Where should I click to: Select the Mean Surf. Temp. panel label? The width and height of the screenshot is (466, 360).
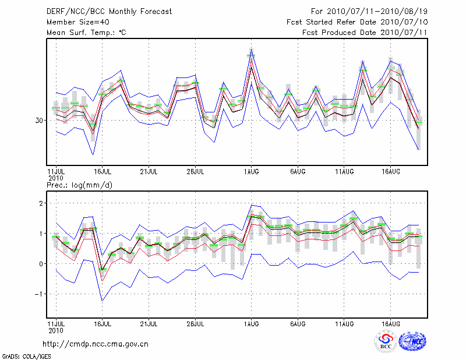point(86,33)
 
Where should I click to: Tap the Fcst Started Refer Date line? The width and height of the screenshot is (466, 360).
point(357,22)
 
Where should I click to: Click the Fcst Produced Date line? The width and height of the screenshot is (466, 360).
point(365,33)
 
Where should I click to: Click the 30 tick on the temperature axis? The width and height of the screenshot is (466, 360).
point(39,120)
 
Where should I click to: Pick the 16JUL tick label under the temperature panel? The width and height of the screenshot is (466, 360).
point(102,172)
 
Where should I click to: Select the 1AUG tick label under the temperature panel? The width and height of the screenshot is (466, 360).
point(251,172)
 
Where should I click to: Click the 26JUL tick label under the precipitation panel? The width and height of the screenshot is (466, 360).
point(195,323)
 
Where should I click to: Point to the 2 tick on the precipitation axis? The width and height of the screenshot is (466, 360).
point(41,203)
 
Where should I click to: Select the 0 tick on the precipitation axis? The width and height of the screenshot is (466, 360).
point(41,263)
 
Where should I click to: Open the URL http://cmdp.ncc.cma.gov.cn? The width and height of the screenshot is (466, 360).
point(96,344)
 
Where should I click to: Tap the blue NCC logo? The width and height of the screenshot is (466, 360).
point(412,341)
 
